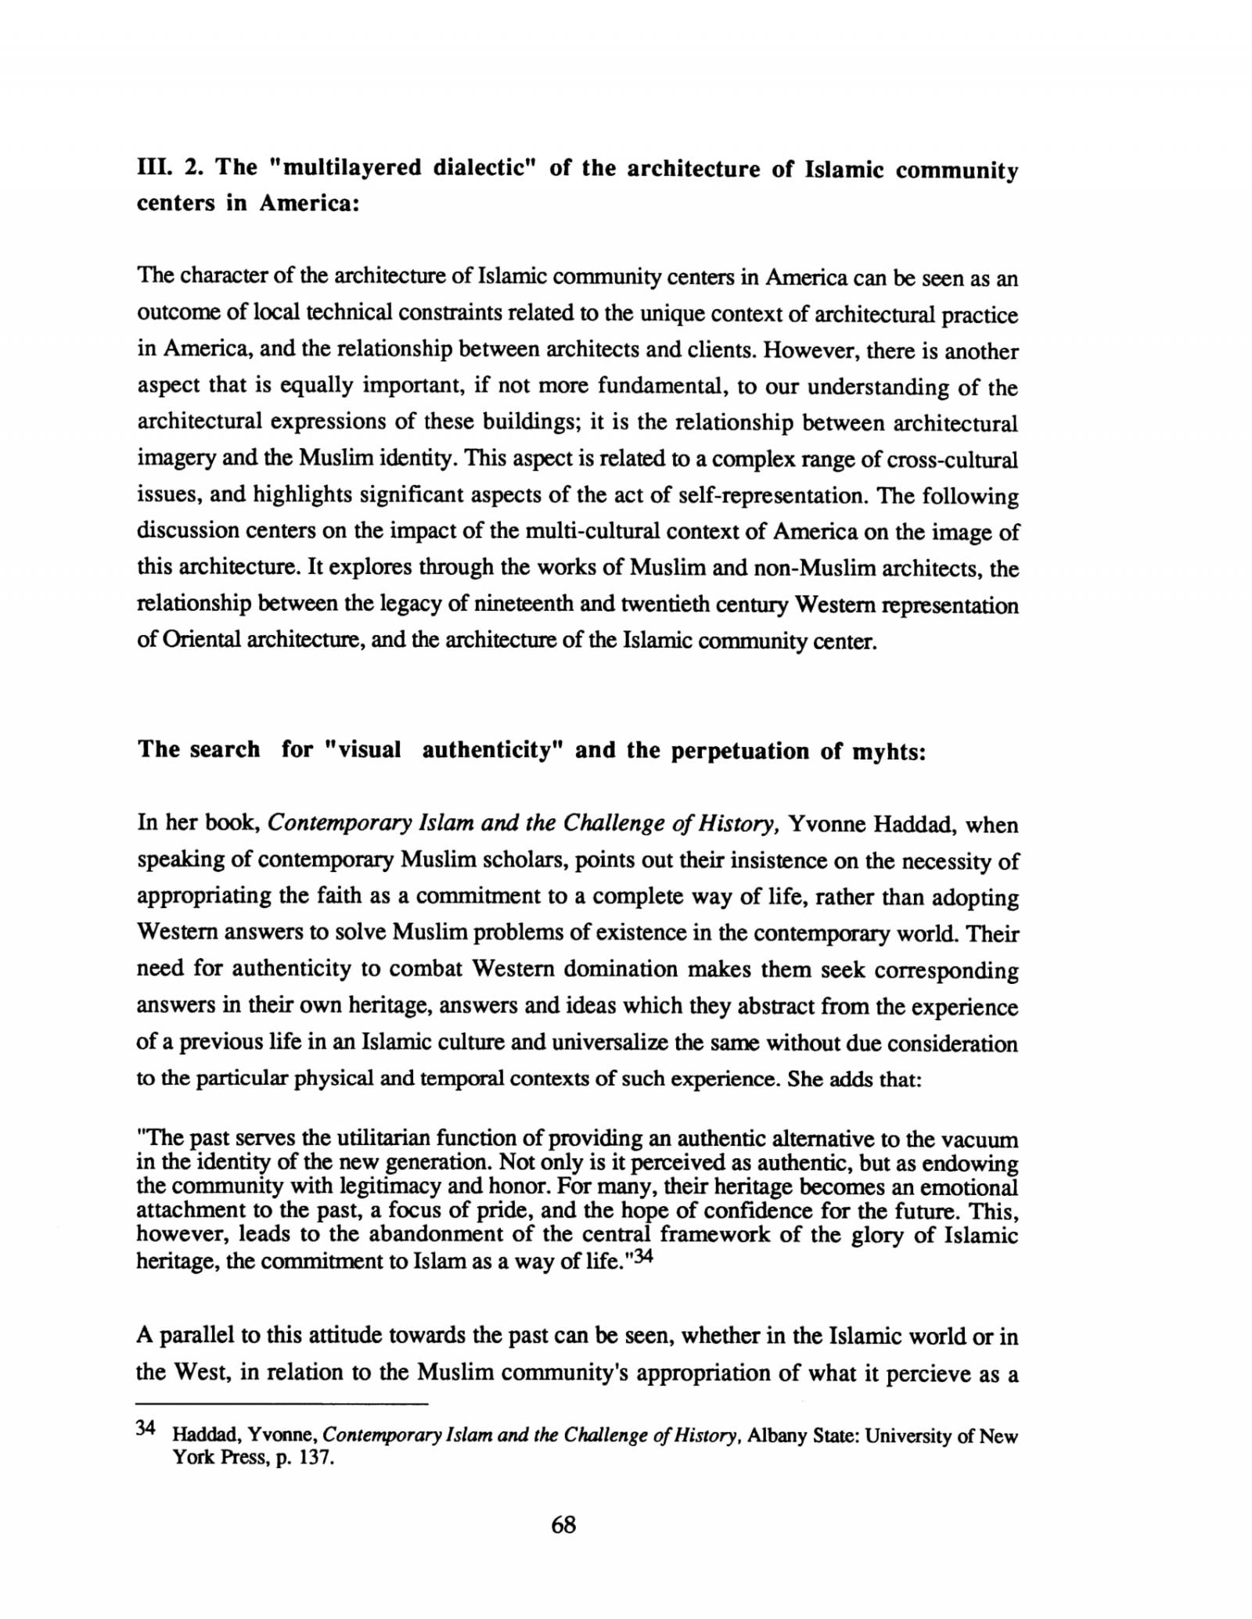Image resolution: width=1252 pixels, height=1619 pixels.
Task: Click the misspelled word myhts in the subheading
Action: coord(888,752)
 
